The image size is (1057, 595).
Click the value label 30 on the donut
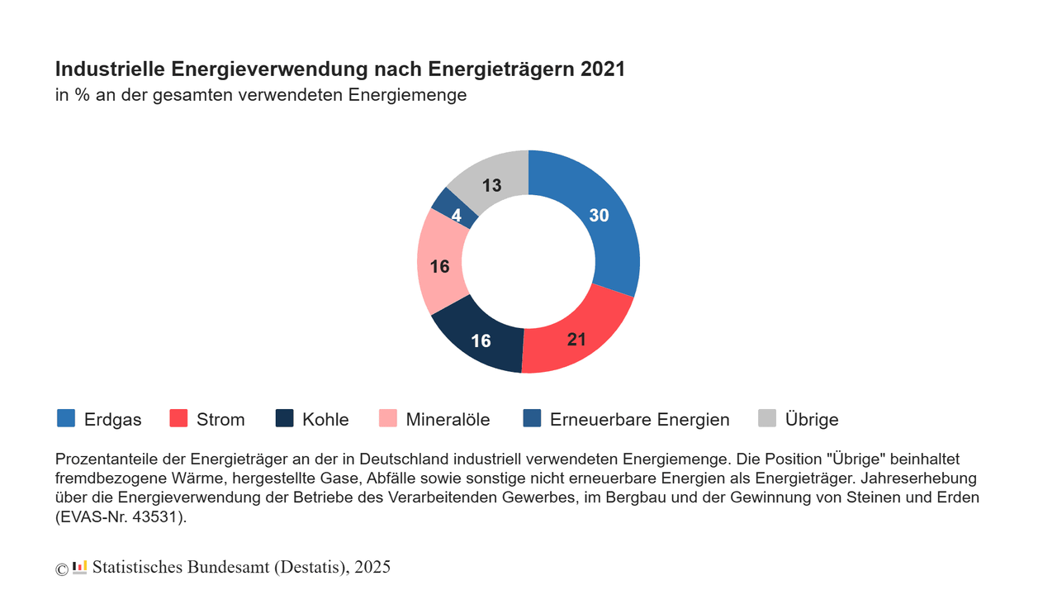pyautogui.click(x=599, y=215)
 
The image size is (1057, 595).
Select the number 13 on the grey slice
pyautogui.click(x=492, y=186)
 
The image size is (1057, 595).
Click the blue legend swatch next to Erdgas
pyautogui.click(x=66, y=418)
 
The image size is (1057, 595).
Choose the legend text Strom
pyautogui.click(x=220, y=420)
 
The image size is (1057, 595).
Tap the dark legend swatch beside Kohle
pyautogui.click(x=284, y=418)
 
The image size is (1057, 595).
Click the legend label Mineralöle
pyautogui.click(x=448, y=420)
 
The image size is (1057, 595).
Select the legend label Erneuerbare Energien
pyautogui.click(x=639, y=420)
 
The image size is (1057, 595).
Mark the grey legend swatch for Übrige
pyautogui.click(x=767, y=418)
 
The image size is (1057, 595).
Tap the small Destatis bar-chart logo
pyautogui.click(x=80, y=567)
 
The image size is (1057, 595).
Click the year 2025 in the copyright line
pyautogui.click(x=372, y=567)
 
